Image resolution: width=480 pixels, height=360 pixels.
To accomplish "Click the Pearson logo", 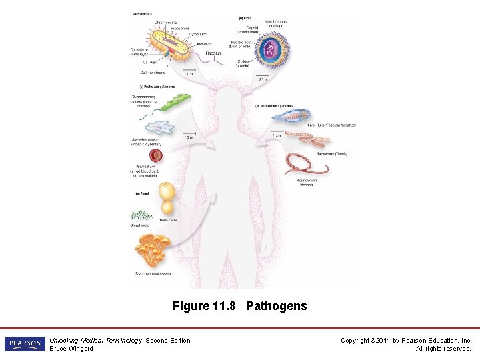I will (x=24, y=344).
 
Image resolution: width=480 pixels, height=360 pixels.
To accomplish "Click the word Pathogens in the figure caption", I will (x=276, y=306).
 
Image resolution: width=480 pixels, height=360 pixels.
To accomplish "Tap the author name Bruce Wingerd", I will (x=71, y=349).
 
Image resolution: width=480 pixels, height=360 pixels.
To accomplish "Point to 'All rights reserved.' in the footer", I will (x=443, y=349).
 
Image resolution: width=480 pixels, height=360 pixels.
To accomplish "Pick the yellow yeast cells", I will (x=167, y=199).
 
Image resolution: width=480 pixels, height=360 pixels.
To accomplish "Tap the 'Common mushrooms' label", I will (x=153, y=273).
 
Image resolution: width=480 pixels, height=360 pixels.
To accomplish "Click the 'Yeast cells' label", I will (x=168, y=219).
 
